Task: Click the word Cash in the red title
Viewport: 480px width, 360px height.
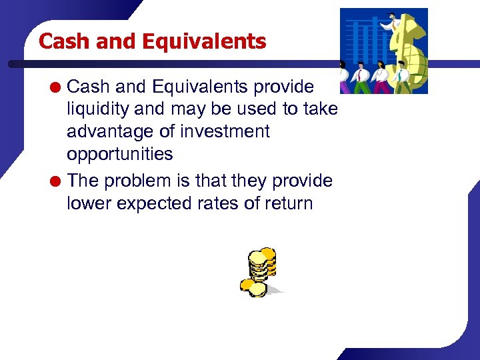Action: [x=65, y=41]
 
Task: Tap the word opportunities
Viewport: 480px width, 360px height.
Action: [x=119, y=154]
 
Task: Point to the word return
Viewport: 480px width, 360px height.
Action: [x=291, y=203]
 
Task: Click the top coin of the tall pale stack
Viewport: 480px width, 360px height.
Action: [x=257, y=257]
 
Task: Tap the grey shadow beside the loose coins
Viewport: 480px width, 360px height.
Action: [x=275, y=290]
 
